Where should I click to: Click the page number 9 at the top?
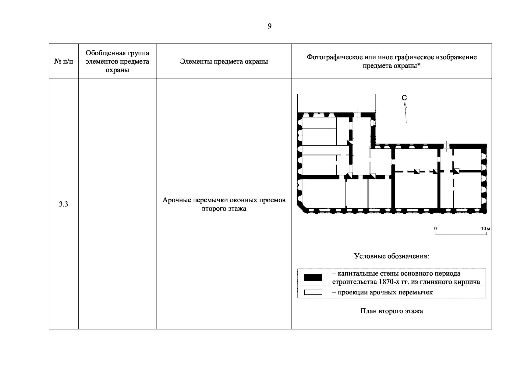pyautogui.click(x=270, y=26)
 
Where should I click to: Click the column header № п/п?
pyautogui.click(x=64, y=61)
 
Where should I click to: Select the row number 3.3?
pyautogui.click(x=63, y=204)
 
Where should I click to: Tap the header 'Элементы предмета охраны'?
pyautogui.click(x=224, y=61)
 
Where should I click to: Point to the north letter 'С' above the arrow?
pyautogui.click(x=404, y=98)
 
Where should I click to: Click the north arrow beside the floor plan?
pyautogui.click(x=405, y=113)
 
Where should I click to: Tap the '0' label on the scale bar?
pyautogui.click(x=435, y=228)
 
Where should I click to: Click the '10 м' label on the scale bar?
pyautogui.click(x=485, y=228)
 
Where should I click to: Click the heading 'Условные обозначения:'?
pyautogui.click(x=391, y=256)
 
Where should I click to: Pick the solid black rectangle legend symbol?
pyautogui.click(x=313, y=277)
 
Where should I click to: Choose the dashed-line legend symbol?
pyautogui.click(x=313, y=293)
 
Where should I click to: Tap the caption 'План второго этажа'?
pyautogui.click(x=391, y=311)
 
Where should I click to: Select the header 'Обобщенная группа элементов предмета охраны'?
pyautogui.click(x=117, y=61)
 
